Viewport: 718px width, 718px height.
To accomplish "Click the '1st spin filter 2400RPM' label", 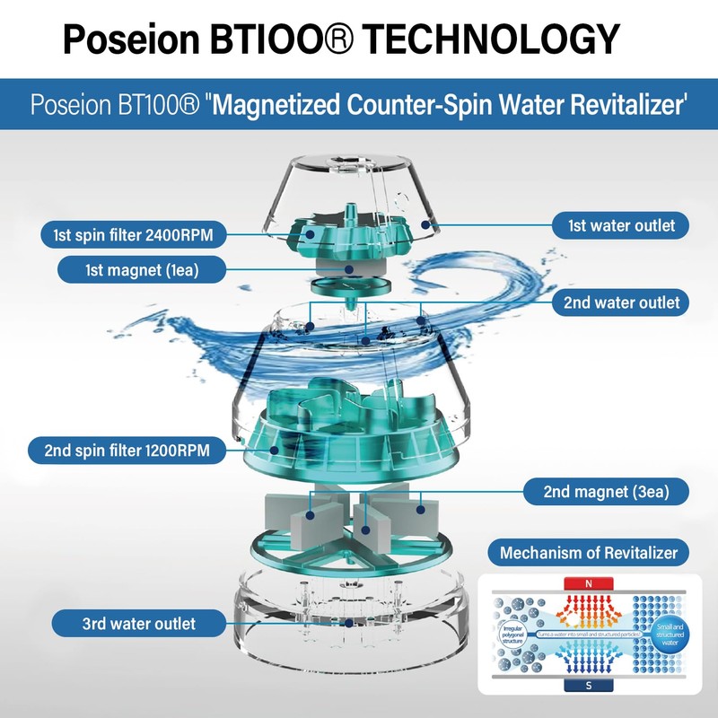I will (x=132, y=236).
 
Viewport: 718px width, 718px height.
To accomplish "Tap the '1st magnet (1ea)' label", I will (x=142, y=268).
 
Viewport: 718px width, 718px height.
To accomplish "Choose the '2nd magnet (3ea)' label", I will (x=603, y=491).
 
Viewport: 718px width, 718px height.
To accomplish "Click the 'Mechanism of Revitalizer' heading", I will (x=588, y=552).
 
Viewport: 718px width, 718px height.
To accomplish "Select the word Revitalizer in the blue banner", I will (x=619, y=105).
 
